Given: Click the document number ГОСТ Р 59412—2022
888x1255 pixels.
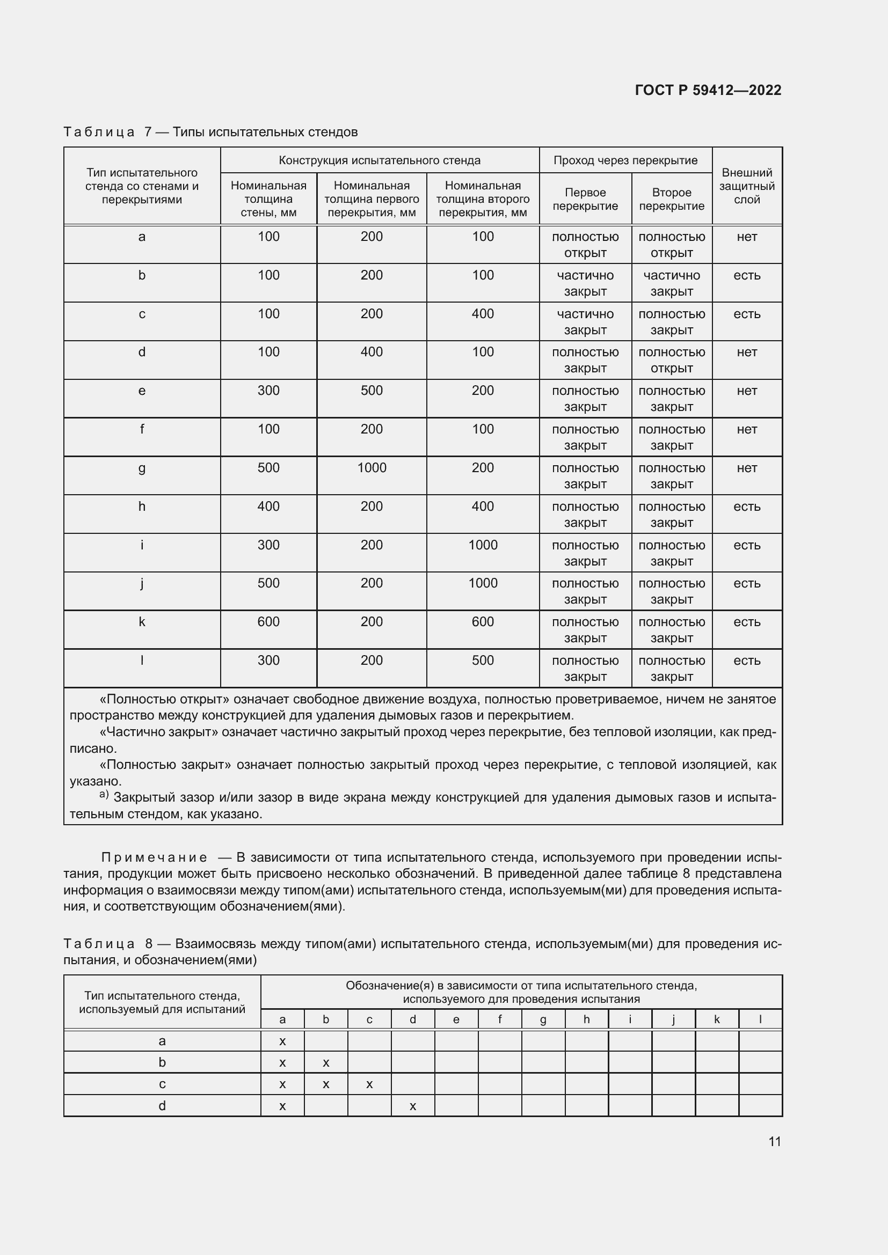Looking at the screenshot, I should [708, 90].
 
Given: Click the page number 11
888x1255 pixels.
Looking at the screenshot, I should [774, 1141].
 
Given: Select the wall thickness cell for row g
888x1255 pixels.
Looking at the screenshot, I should [268, 468].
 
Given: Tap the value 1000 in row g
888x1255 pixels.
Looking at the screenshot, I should [372, 468].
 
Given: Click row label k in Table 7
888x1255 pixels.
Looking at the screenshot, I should [142, 622].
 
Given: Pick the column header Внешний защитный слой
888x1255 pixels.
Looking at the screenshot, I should [747, 186].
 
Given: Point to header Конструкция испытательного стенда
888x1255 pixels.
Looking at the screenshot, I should [380, 160].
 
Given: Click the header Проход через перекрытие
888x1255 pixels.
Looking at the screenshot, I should [625, 160].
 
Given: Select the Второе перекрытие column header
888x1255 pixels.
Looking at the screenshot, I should [672, 199].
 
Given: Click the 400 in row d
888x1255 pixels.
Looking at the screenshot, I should [372, 352].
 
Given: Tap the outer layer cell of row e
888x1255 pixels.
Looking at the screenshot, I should [747, 391].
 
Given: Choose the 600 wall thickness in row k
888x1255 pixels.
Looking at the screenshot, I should [268, 622].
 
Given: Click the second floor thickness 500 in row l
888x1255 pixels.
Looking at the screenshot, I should [483, 660].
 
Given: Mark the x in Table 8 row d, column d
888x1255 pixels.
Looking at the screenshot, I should [413, 1106].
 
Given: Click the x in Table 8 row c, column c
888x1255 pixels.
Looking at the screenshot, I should [369, 1084].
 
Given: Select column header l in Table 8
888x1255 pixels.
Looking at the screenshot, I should [760, 1019].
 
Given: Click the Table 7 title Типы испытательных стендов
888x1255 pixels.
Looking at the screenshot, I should [265, 132].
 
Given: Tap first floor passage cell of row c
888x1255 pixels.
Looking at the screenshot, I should [585, 321].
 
